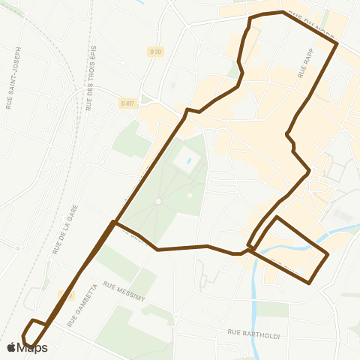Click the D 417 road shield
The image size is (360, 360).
pos(127,103)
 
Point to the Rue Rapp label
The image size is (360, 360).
pos(304,61)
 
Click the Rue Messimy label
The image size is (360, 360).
pos(124,291)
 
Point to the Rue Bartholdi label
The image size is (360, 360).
pos(253,334)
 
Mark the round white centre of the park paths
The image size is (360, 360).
pos(158,201)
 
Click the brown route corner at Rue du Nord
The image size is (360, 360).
pos(337,44)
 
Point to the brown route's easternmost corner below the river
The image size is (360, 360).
pos(328,255)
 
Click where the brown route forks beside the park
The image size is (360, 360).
pos(113,222)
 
